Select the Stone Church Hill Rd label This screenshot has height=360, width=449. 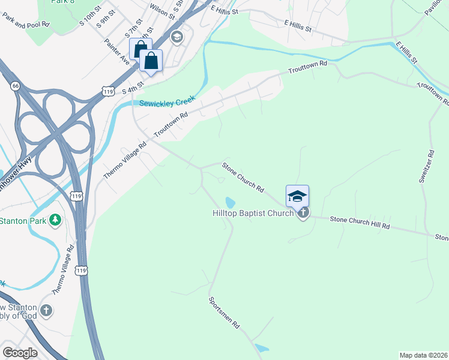pos(360,223)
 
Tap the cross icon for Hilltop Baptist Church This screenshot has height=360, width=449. pos(303,212)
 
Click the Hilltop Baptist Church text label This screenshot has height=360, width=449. pos(253,213)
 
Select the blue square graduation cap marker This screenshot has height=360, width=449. pos(297,196)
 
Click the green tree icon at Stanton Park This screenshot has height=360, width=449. pos(55,220)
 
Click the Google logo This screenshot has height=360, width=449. pos(20,353)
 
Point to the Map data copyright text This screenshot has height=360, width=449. pos(423,355)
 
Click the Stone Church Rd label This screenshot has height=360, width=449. pos(243,177)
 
